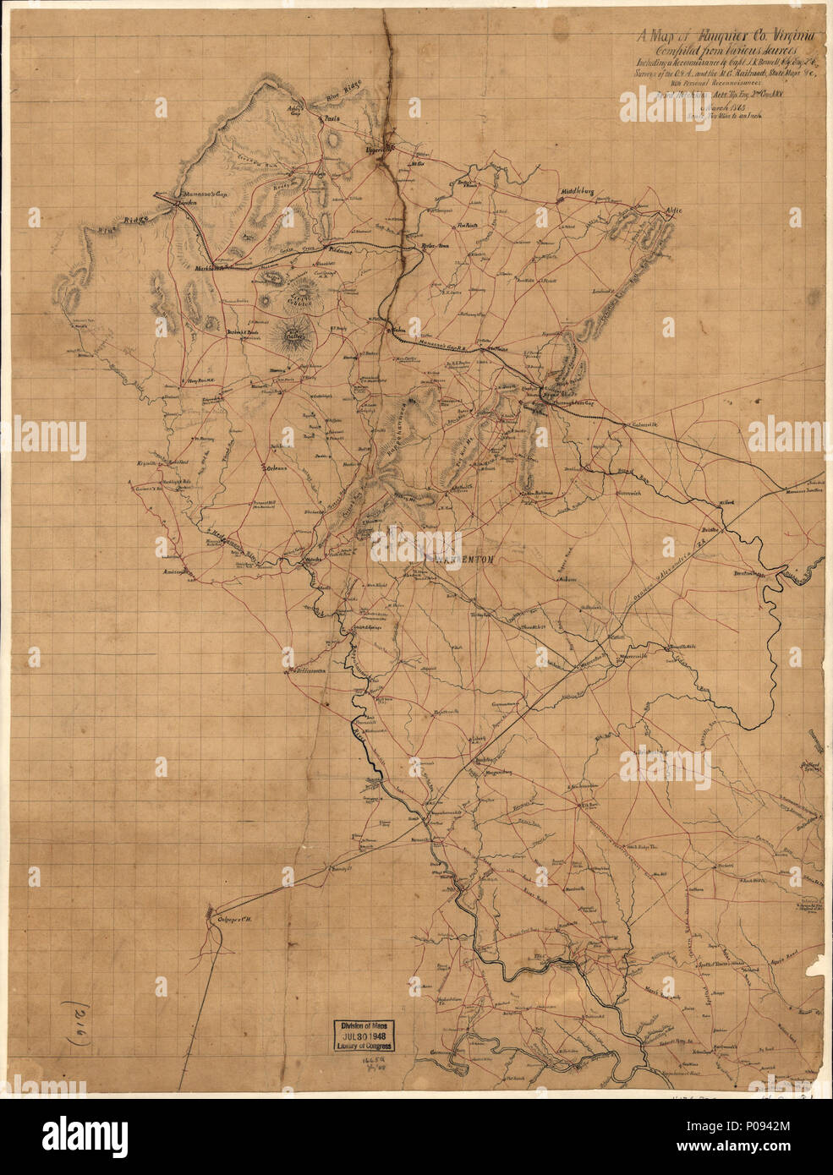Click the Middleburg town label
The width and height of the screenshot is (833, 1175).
[578, 193]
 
